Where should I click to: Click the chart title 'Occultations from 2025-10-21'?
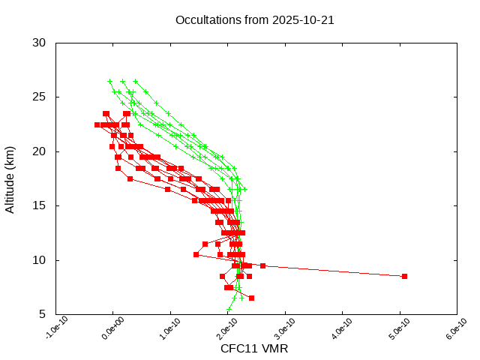[254, 19]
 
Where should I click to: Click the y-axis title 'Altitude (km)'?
[10, 178]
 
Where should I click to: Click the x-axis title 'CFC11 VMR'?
[254, 349]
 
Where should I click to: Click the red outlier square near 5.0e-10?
[404, 276]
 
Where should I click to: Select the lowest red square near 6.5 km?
[251, 298]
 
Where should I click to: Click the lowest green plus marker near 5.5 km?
[229, 309]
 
